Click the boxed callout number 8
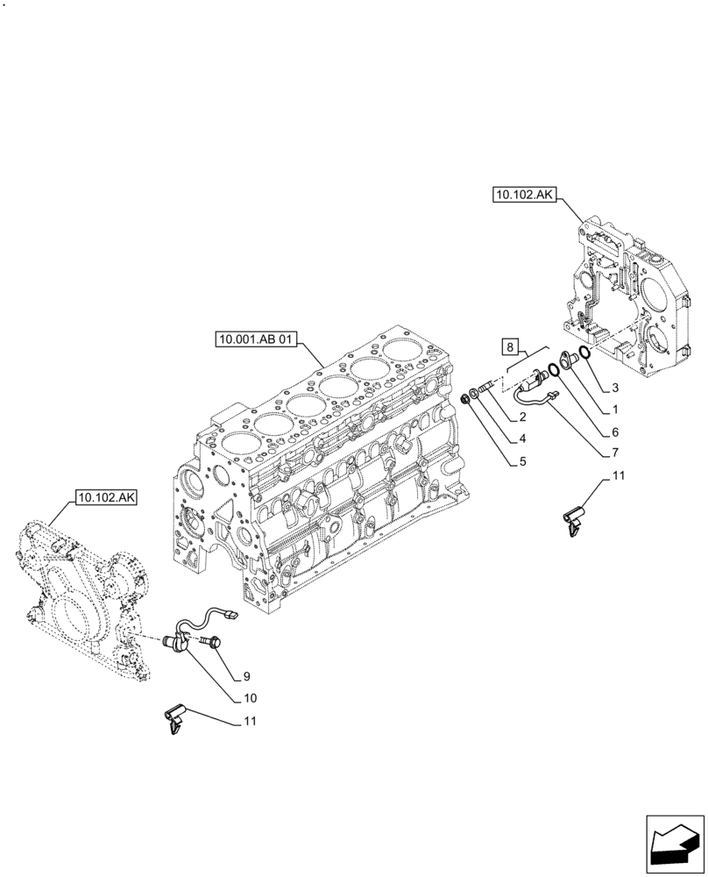point(513,346)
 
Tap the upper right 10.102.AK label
point(523,196)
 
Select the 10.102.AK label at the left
point(107,496)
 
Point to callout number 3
point(617,387)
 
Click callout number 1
point(616,410)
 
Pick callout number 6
point(616,431)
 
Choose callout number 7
point(616,453)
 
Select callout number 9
point(247,676)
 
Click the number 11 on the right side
point(619,476)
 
